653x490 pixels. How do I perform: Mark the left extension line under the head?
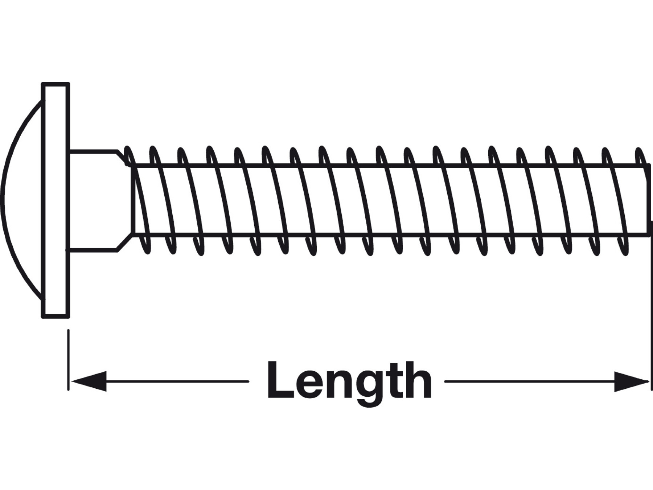pos(68,360)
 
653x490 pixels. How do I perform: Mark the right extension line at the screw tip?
pos(652,305)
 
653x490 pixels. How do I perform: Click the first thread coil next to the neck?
pos(137,199)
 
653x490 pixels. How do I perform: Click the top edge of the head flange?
pos(56,85)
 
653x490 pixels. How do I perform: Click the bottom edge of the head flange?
pos(56,316)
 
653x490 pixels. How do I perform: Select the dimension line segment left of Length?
pos(160,381)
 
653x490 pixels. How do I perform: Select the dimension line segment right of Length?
pos(546,381)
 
